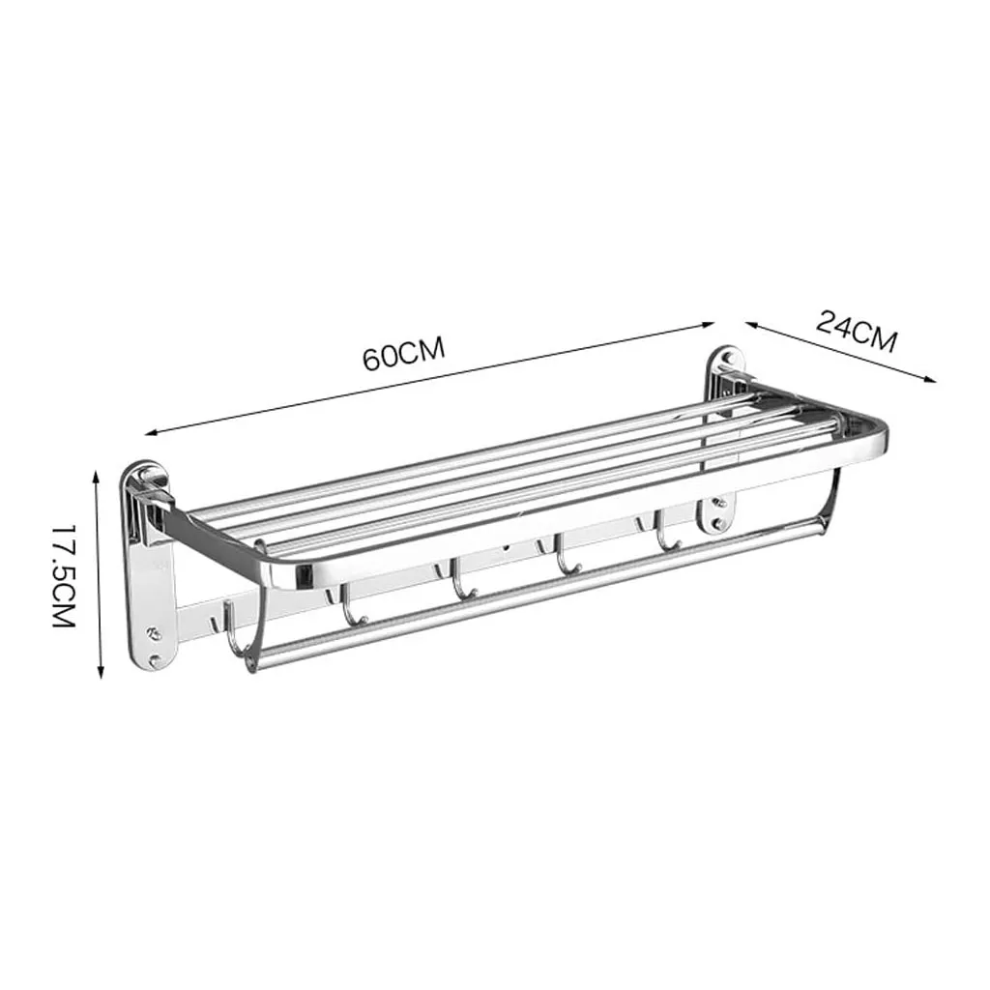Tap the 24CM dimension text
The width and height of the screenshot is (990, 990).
click(x=857, y=331)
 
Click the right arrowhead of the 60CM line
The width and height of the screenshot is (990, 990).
click(x=709, y=325)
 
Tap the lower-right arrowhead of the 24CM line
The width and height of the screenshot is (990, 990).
click(x=930, y=379)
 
